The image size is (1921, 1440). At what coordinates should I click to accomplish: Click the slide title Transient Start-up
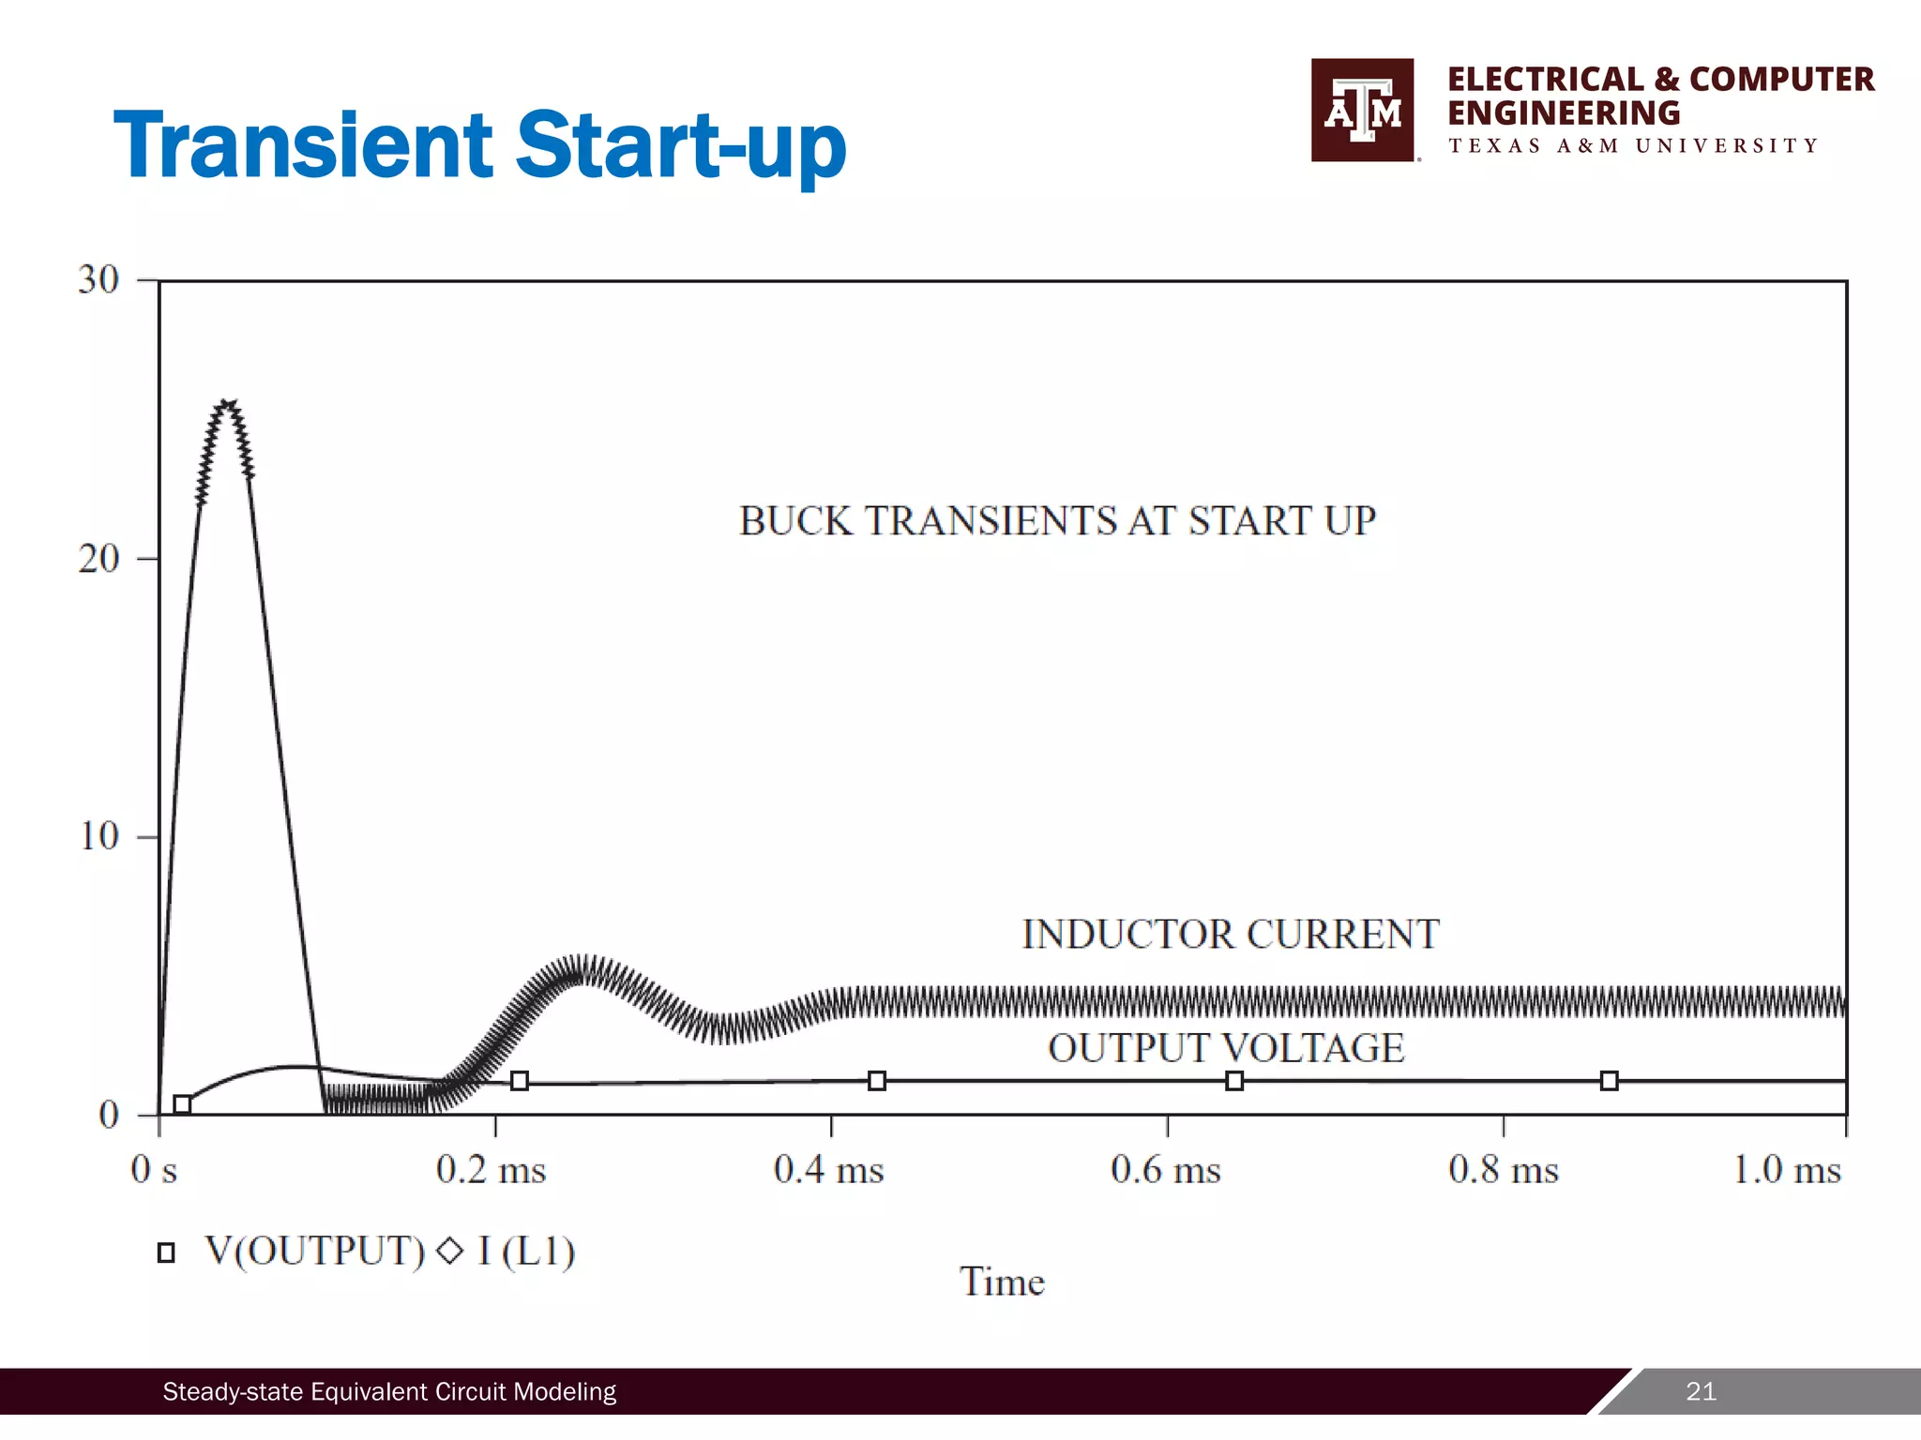pos(479,145)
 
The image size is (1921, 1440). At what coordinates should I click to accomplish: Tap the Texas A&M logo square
pos(1362,111)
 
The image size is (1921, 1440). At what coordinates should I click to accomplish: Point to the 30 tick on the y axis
pos(98,279)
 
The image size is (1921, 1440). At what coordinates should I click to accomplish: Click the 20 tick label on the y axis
pos(98,559)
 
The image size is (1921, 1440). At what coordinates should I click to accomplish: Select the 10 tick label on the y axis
pos(99,836)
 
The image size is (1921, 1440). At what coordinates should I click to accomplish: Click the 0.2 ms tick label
pos(491,1170)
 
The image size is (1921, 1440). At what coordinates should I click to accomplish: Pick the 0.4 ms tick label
pos(828,1170)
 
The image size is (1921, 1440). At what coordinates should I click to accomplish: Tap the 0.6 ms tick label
pos(1165,1170)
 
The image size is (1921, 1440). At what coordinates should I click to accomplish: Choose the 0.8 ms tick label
pos(1503,1170)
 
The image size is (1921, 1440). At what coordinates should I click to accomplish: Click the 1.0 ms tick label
pos(1786,1170)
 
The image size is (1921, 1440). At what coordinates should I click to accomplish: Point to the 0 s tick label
pos(154,1170)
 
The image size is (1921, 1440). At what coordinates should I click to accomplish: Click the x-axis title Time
pos(1002,1282)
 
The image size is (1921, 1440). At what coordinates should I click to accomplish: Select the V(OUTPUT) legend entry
pos(314,1252)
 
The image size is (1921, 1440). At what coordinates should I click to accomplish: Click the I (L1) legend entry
pos(525,1252)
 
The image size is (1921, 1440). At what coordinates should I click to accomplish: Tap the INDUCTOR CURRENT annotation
pos(1230,935)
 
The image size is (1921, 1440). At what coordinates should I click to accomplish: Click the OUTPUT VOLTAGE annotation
pos(1226,1048)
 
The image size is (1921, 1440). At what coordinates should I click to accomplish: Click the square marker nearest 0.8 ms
pos(1609,1081)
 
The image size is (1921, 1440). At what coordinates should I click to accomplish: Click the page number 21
pos(1701,1391)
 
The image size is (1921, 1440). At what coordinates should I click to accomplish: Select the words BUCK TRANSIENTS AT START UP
pos(1057,521)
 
